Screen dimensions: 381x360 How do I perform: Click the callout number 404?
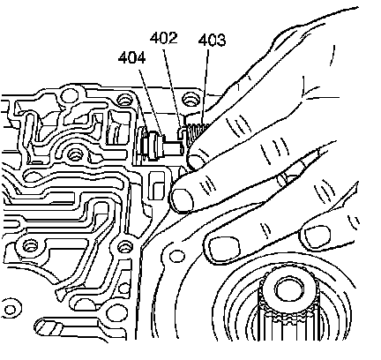(131, 57)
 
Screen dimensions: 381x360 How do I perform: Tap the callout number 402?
(164, 38)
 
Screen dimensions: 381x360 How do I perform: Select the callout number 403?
(212, 41)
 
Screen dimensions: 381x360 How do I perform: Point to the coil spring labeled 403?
(198, 131)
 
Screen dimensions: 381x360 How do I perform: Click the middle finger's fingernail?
(183, 200)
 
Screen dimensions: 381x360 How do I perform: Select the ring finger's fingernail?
(222, 246)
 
